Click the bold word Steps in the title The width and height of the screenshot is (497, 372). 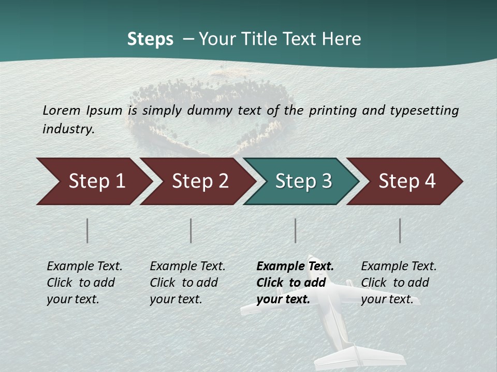150,39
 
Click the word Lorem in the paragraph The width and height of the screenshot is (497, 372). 61,110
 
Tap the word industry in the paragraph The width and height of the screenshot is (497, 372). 68,129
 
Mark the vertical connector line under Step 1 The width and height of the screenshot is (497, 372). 87,230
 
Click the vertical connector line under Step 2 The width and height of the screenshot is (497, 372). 191,230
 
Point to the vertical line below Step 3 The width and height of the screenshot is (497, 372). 296,230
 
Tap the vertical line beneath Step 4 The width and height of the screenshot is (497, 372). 400,230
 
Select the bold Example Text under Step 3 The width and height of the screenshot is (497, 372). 295,267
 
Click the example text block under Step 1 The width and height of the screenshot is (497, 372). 84,283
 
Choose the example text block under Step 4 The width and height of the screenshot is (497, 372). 399,283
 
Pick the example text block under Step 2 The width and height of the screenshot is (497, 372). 187,283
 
